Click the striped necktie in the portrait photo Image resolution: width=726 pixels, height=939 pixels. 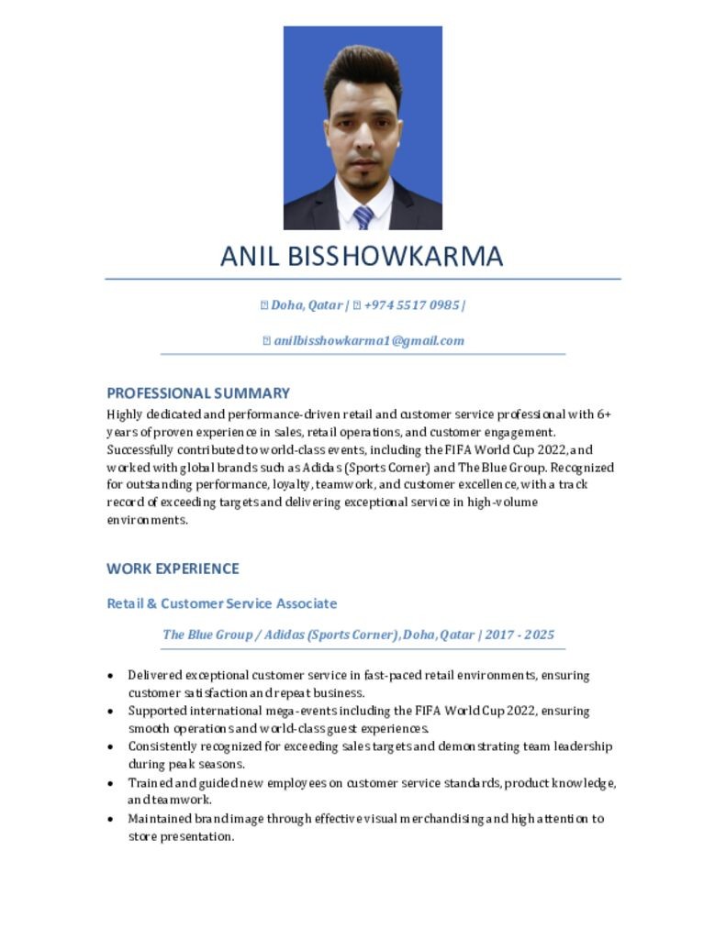click(x=363, y=217)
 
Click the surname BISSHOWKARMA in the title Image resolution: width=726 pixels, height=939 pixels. click(x=396, y=256)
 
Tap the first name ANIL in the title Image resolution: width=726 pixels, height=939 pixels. click(x=251, y=256)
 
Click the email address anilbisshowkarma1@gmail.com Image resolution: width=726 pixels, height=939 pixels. click(x=369, y=340)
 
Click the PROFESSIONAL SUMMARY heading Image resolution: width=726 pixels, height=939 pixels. click(x=198, y=393)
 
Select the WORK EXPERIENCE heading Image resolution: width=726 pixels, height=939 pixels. click(x=173, y=569)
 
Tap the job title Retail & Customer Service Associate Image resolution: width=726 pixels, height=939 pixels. click(x=222, y=603)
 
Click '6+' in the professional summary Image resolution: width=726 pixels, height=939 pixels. click(x=604, y=414)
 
